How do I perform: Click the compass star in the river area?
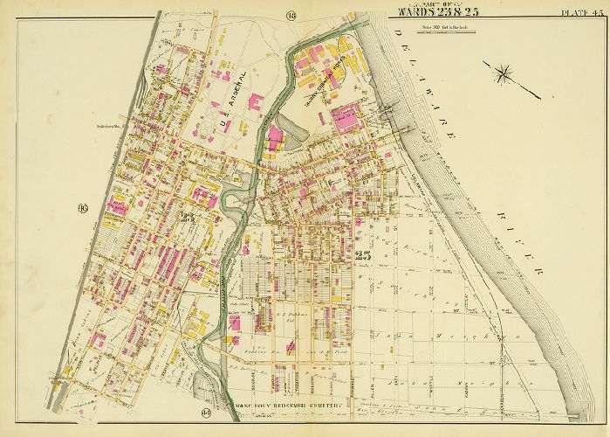[504, 73]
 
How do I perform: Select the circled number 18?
[291, 11]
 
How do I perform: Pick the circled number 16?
[82, 208]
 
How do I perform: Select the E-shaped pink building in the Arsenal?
[257, 102]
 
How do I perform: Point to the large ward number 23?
[187, 216]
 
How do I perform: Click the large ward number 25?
[366, 255]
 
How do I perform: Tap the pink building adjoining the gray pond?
[275, 137]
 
